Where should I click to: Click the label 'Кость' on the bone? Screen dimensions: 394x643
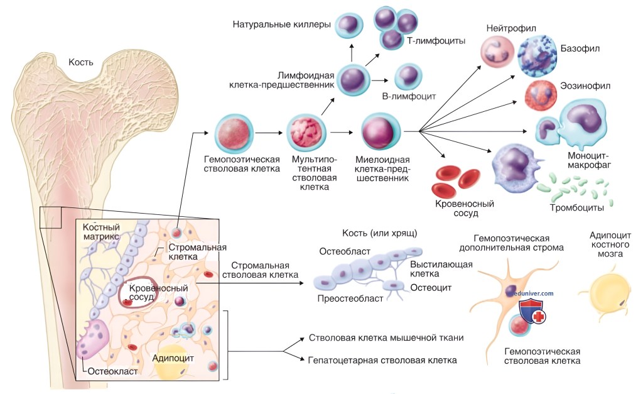pyautogui.click(x=82, y=62)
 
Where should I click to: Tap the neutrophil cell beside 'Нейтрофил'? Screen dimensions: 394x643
pyautogui.click(x=498, y=51)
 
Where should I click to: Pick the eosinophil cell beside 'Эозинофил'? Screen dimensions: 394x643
pyautogui.click(x=541, y=95)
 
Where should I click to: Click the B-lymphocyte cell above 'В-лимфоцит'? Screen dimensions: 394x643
pyautogui.click(x=408, y=79)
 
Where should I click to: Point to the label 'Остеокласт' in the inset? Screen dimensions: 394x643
pyautogui.click(x=112, y=371)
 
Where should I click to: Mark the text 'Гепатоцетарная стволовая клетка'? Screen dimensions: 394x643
pyautogui.click(x=382, y=361)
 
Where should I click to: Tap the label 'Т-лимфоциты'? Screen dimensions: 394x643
pyautogui.click(x=436, y=41)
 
